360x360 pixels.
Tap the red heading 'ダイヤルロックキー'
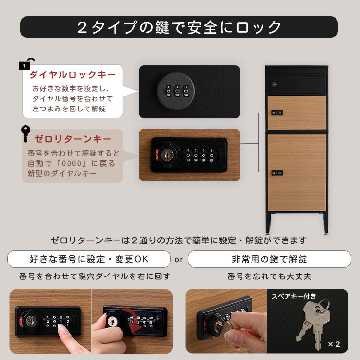[72, 75]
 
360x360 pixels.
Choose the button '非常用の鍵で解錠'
[269, 259]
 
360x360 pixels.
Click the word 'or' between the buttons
[179, 259]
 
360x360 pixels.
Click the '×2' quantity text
[334, 344]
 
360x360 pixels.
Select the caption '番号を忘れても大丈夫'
[269, 276]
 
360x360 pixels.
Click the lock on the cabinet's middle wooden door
[277, 113]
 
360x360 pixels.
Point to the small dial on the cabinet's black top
[274, 84]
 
